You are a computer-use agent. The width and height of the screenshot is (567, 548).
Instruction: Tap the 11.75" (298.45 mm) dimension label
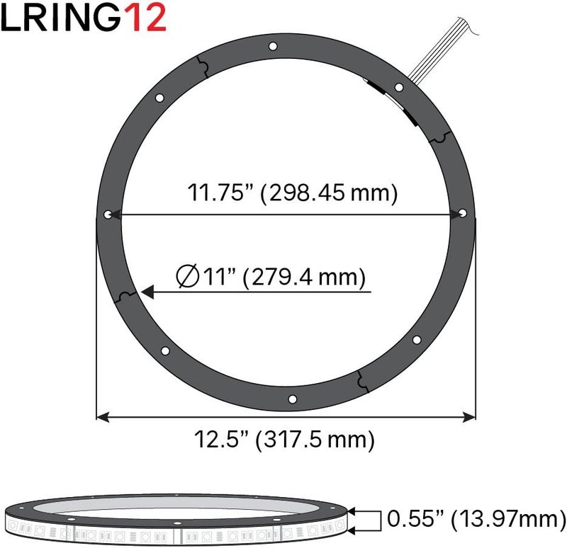[291, 192]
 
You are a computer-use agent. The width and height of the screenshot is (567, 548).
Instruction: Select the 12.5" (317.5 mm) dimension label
[284, 440]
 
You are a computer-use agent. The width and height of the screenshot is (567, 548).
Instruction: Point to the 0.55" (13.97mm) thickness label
[476, 520]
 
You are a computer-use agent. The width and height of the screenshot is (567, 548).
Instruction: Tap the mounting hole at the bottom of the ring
[291, 400]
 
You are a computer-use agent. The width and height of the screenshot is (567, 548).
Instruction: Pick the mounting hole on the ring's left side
[108, 214]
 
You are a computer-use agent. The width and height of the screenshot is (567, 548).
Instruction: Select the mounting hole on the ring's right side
[462, 212]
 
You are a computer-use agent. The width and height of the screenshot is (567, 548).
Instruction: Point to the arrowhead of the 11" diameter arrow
[148, 291]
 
